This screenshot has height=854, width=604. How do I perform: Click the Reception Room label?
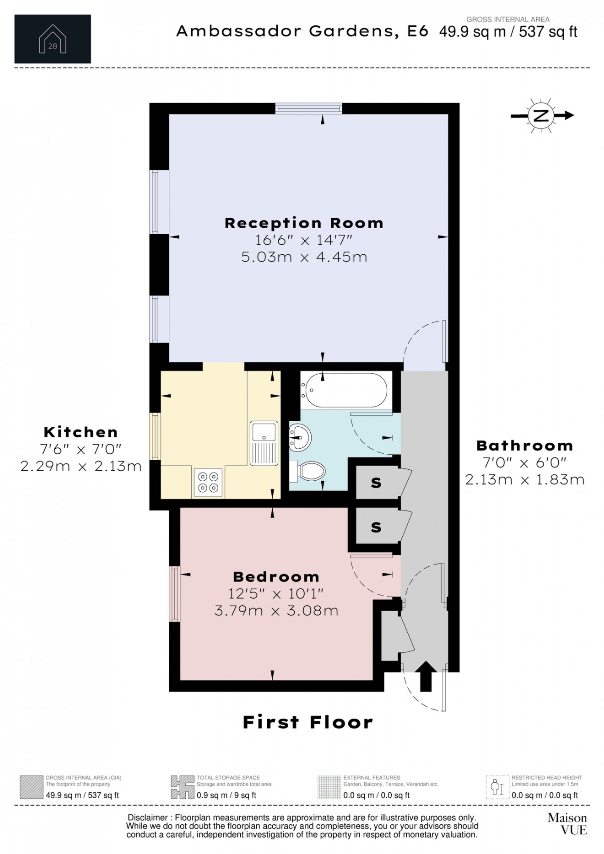click(304, 223)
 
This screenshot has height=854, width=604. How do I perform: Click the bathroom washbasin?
click(300, 436)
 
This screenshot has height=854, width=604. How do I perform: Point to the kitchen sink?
click(264, 442)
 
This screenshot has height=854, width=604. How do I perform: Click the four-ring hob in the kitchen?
click(208, 482)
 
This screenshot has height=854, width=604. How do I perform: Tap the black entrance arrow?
click(426, 676)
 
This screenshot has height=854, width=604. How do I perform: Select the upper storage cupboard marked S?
click(376, 483)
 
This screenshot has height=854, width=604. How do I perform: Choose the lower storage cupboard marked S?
click(376, 527)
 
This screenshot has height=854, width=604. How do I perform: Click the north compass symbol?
click(541, 116)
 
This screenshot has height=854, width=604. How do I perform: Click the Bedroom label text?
click(276, 577)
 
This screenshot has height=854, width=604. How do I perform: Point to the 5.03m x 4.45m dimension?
click(304, 257)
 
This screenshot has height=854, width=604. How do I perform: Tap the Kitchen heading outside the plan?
click(81, 432)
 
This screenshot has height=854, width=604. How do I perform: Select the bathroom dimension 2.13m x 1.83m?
click(524, 479)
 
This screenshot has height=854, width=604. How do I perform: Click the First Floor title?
click(307, 722)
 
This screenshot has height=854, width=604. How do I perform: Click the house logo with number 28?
click(53, 39)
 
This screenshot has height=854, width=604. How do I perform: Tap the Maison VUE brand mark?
click(567, 823)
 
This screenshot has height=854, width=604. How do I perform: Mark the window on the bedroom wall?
click(175, 594)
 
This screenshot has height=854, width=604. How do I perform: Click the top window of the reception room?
click(308, 108)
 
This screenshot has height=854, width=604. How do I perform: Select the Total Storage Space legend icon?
click(182, 787)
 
